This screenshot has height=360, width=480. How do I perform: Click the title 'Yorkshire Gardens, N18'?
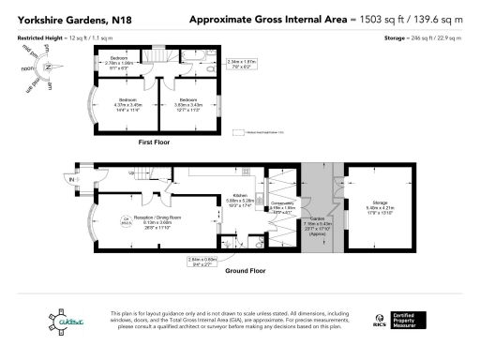pyautogui.click(x=58, y=19)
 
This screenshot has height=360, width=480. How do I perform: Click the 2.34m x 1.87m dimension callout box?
pyautogui.click(x=242, y=65)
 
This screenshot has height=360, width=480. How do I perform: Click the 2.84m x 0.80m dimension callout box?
pyautogui.click(x=202, y=261)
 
